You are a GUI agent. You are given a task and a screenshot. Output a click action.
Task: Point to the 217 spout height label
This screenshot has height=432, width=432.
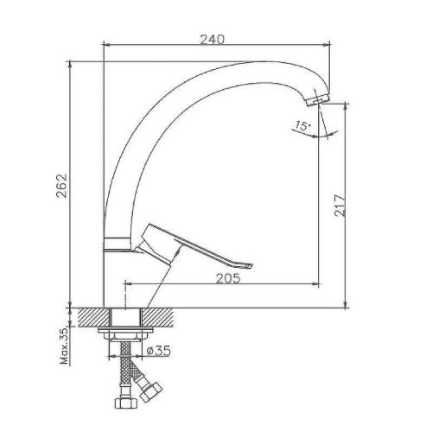340,205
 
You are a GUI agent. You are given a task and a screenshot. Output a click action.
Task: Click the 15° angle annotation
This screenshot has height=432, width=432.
302,127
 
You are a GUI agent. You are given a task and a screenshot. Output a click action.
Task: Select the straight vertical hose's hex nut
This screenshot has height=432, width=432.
118,403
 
